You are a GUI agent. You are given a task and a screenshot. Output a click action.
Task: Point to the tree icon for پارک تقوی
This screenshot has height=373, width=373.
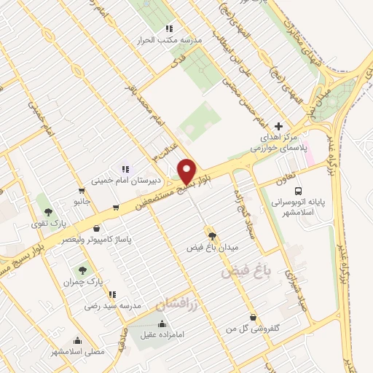[48, 211]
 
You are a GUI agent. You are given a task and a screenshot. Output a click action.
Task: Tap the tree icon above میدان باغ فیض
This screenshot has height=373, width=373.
[212, 235]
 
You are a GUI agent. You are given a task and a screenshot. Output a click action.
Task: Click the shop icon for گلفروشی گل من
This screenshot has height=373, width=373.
[252, 318]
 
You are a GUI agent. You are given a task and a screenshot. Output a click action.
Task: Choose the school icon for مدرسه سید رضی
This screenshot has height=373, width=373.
[113, 294]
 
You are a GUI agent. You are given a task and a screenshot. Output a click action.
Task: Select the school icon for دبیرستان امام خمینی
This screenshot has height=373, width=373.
[125, 169]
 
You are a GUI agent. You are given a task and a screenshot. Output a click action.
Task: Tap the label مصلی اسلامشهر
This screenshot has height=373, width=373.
[78, 351]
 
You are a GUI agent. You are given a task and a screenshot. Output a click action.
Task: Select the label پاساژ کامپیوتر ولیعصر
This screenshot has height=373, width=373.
[87, 238]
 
